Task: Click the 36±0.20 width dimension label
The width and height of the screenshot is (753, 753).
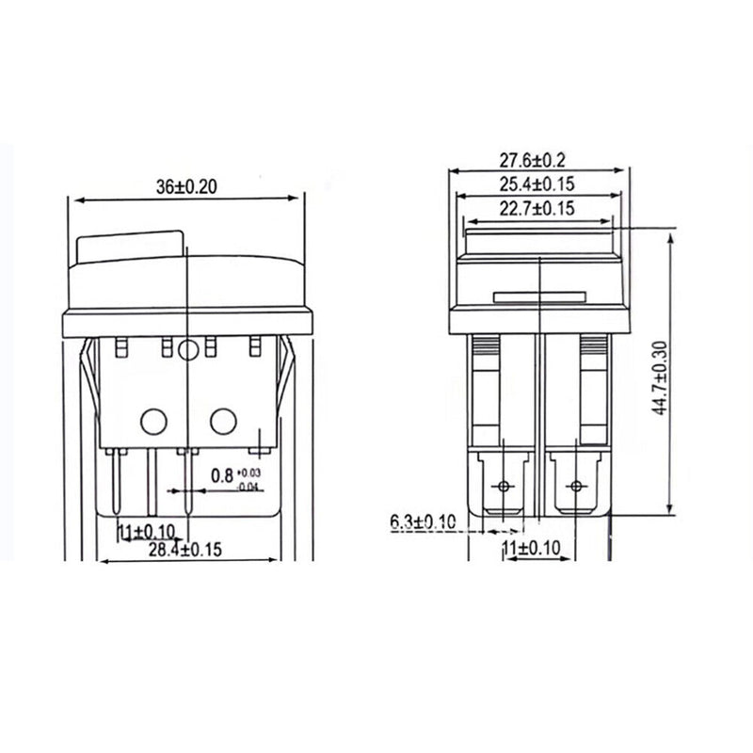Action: pos(187,187)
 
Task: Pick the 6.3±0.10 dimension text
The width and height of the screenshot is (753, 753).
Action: pos(422,521)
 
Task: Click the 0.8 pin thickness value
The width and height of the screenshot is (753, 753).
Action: pos(221,476)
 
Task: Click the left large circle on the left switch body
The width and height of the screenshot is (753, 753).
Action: pos(152,420)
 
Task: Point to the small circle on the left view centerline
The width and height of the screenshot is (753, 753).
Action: pos(187,351)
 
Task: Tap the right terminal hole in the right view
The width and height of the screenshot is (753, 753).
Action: pos(575,486)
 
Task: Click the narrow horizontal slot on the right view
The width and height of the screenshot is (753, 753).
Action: pos(539,298)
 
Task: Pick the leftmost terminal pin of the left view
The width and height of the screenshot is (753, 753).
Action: pos(117,480)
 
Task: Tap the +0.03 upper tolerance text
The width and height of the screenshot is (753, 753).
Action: pos(249,471)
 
